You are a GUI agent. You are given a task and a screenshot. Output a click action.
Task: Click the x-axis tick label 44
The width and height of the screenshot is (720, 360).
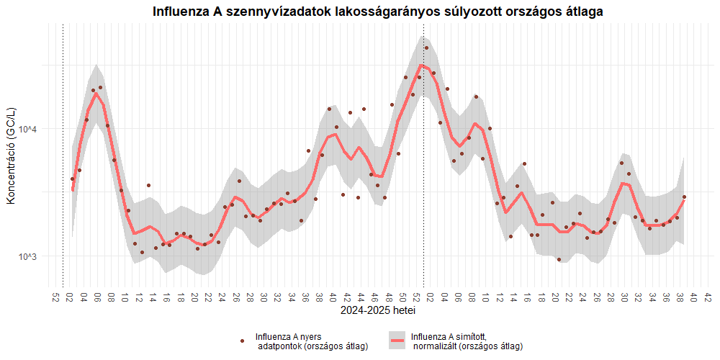(361, 297)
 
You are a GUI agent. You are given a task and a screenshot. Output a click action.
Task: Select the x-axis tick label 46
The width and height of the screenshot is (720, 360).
(374, 297)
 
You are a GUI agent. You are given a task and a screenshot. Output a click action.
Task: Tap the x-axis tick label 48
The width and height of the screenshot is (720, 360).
(389, 297)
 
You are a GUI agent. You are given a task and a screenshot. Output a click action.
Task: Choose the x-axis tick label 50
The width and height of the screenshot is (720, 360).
(402, 297)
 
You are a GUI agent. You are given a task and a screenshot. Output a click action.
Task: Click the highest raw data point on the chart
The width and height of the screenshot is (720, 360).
(426, 48)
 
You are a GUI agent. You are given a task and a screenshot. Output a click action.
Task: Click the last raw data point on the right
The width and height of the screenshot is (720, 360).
(684, 197)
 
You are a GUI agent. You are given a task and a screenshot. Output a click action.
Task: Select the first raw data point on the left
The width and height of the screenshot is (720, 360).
(72, 179)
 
